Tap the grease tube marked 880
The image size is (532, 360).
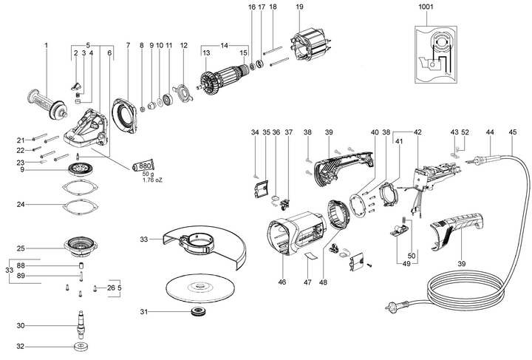click(x=143, y=166)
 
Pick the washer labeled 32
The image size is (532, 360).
click(x=81, y=347)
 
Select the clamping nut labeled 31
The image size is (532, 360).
click(x=197, y=311)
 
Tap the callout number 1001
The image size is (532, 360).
click(x=426, y=7)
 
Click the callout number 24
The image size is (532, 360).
click(x=21, y=205)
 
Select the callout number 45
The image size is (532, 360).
click(x=512, y=132)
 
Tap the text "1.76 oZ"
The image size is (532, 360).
click(x=152, y=180)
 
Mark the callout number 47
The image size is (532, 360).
click(x=307, y=282)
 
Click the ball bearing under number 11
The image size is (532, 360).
click(x=168, y=99)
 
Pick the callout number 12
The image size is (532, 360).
click(x=183, y=45)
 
